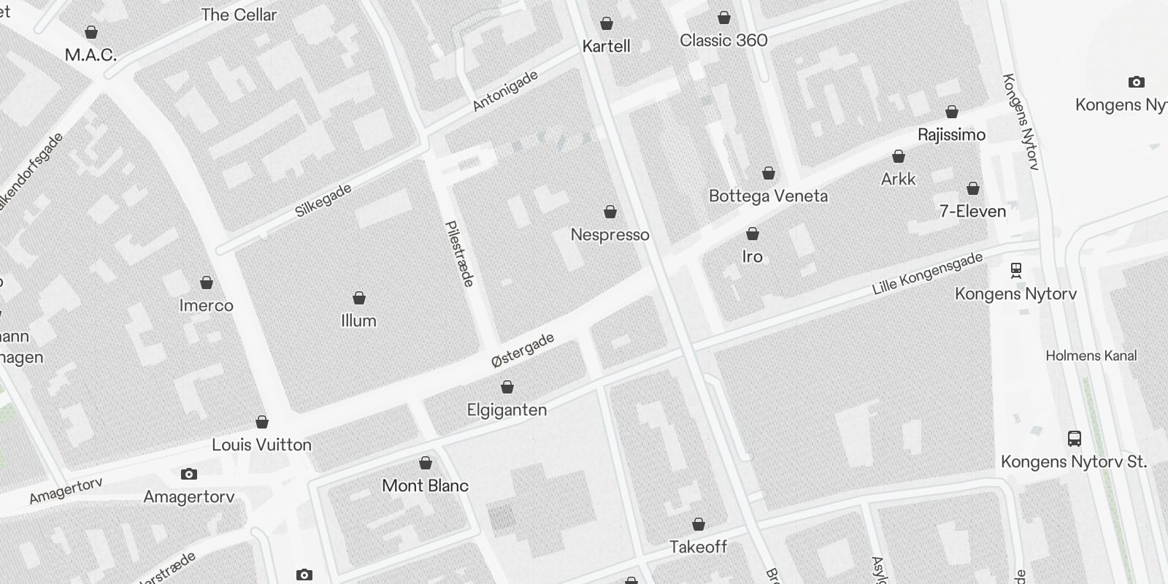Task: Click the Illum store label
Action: click(x=358, y=320)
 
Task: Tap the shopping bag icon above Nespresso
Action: click(x=610, y=212)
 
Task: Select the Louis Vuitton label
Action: click(x=261, y=445)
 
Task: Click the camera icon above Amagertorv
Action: click(x=189, y=474)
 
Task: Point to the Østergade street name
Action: click(x=523, y=350)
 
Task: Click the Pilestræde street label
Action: click(x=460, y=254)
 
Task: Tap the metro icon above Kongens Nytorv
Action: click(x=1015, y=270)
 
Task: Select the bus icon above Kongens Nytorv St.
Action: click(x=1074, y=439)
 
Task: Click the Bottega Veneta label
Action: click(x=768, y=196)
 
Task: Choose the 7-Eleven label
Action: click(x=972, y=211)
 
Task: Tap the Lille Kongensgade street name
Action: click(x=927, y=274)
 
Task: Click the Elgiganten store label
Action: click(x=507, y=410)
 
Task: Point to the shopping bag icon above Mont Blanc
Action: click(x=426, y=464)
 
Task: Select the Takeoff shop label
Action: click(x=698, y=547)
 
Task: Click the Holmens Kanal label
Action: click(x=1091, y=356)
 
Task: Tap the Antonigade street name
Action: click(x=505, y=91)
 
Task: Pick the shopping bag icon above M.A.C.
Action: click(x=91, y=33)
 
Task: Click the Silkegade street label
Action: click(x=323, y=201)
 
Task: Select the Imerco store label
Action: click(x=206, y=305)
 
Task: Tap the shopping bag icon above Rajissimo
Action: click(x=952, y=112)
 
